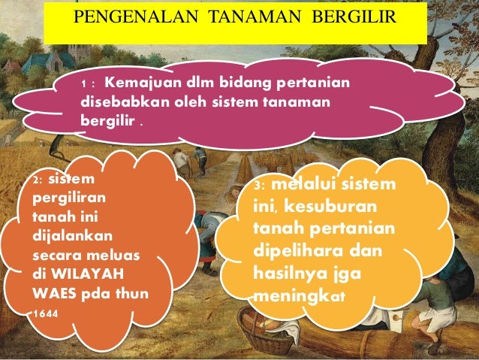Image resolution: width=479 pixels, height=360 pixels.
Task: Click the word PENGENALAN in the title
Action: pyautogui.click(x=122, y=17)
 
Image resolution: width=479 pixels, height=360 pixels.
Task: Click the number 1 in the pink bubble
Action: pyautogui.click(x=84, y=85)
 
